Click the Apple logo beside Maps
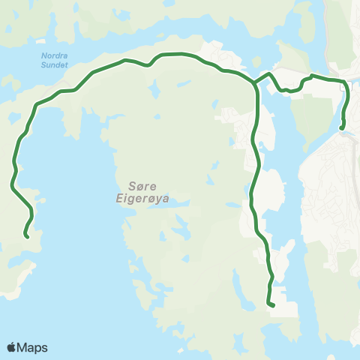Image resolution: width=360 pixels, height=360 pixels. (11, 347)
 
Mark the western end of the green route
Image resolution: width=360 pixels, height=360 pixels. (26, 236)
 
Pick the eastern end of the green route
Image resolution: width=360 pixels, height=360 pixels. (342, 128)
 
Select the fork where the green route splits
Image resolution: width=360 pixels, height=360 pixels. (255, 83)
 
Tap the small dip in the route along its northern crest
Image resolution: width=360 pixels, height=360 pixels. (148, 64)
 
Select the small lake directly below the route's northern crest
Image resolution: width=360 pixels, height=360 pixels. (156, 90)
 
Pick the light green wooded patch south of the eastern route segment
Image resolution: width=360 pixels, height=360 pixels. (307, 112)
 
